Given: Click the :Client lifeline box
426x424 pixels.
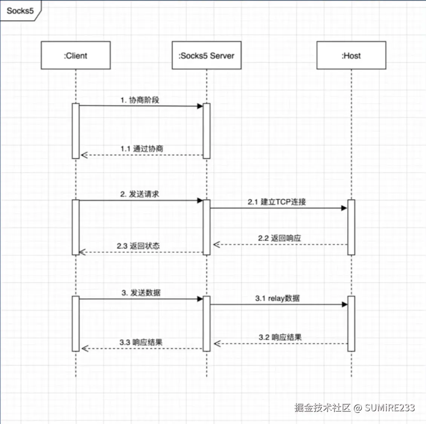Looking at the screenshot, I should [75, 55].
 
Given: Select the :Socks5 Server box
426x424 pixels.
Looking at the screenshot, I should [206, 55].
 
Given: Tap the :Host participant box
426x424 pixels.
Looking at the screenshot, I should [351, 55].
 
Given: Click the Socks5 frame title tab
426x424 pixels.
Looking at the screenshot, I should [20, 11].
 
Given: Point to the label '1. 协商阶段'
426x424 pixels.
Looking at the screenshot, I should [140, 100].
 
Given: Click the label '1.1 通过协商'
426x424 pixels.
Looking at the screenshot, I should [142, 149].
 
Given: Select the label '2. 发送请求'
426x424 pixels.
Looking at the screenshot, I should [139, 194].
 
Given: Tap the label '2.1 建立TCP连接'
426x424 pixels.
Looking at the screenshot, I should [277, 202].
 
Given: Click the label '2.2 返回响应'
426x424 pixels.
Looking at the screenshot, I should [279, 238].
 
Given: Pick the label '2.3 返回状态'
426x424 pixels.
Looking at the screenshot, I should [138, 246].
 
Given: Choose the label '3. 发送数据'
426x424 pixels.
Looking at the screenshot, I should [141, 293].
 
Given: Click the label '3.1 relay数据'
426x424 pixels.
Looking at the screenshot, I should [277, 298].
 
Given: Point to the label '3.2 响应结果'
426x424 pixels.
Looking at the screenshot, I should [280, 337].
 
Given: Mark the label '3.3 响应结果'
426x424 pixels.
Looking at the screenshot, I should [141, 342].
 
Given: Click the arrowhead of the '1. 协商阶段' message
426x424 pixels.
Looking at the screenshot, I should [200, 106].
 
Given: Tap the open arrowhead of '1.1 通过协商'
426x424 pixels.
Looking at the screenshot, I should [84, 155].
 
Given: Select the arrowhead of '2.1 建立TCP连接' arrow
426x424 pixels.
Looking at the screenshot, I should [344, 208].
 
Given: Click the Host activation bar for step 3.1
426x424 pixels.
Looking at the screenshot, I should [351, 323].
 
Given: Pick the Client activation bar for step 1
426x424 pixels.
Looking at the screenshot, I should [75, 131].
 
